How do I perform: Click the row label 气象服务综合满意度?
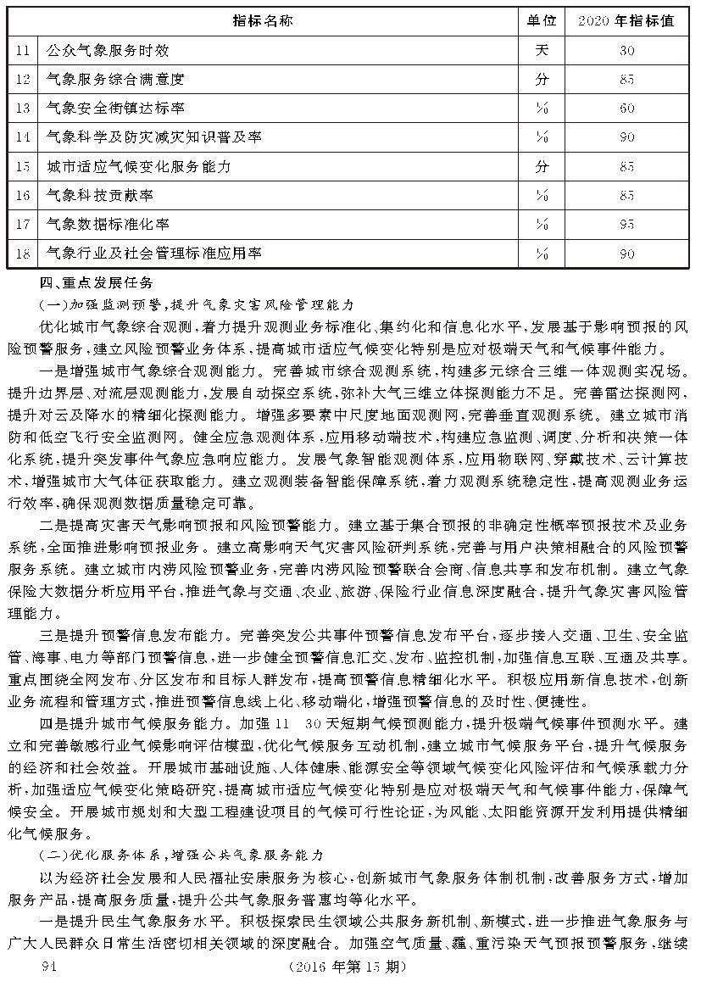point(116,80)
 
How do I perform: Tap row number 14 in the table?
point(24,137)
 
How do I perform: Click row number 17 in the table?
point(24,225)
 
